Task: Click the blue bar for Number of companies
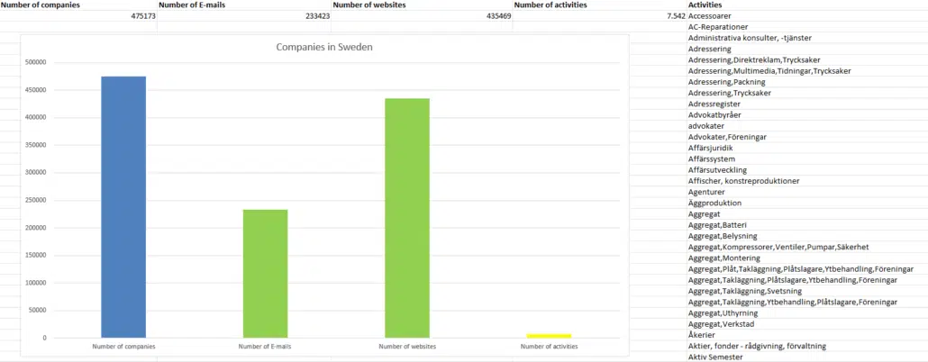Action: click(x=123, y=207)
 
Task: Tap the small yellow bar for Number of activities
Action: click(x=549, y=336)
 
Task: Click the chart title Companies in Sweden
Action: click(x=324, y=47)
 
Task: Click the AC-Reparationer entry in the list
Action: click(x=719, y=27)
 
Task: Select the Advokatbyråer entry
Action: click(x=715, y=115)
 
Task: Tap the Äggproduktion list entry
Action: click(x=715, y=204)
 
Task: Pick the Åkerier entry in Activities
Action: click(x=702, y=335)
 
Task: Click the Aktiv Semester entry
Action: click(x=715, y=357)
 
